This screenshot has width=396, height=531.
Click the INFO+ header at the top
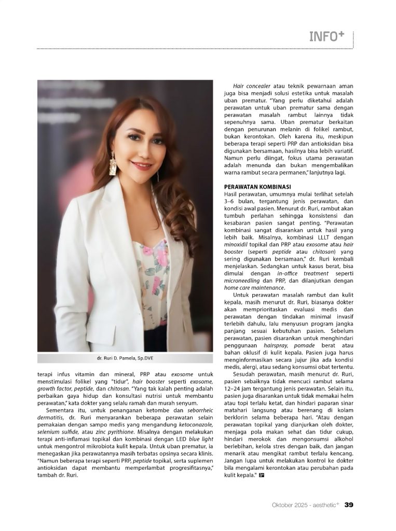pyautogui.click(x=327, y=36)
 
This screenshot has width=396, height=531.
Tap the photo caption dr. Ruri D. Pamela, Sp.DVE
pyautogui.click(x=125, y=358)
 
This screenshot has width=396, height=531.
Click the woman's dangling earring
pyautogui.click(x=113, y=164)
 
